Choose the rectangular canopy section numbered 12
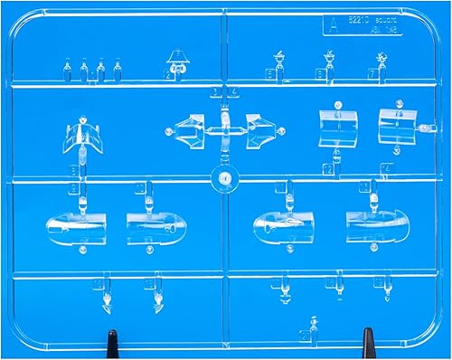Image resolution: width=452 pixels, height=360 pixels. point(337,128)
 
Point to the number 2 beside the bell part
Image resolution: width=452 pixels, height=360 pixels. point(169,75)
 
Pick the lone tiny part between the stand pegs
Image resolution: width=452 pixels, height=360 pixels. point(314,324)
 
